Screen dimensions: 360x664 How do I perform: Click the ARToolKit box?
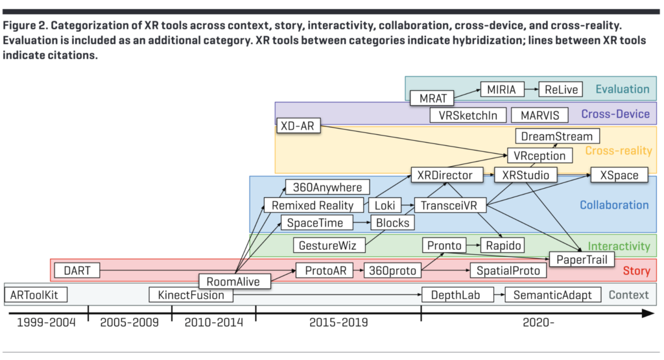pos(35,295)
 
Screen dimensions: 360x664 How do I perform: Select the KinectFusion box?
pos(191,295)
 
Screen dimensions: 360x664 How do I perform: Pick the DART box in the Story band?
pos(77,270)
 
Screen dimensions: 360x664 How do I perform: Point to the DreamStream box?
pos(557,136)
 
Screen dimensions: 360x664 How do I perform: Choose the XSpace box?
pos(619,175)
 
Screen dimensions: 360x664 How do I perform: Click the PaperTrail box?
pos(582,259)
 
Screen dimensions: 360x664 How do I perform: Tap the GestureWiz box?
pos(329,246)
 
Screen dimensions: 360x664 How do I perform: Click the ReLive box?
pos(562,90)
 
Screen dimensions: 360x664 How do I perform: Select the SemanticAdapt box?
pos(552,295)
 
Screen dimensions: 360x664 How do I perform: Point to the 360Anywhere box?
pos(327,187)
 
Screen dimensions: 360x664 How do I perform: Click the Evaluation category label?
pos(622,90)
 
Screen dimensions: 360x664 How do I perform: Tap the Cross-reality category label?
pos(618,151)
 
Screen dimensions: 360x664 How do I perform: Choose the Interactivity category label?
pos(618,246)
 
